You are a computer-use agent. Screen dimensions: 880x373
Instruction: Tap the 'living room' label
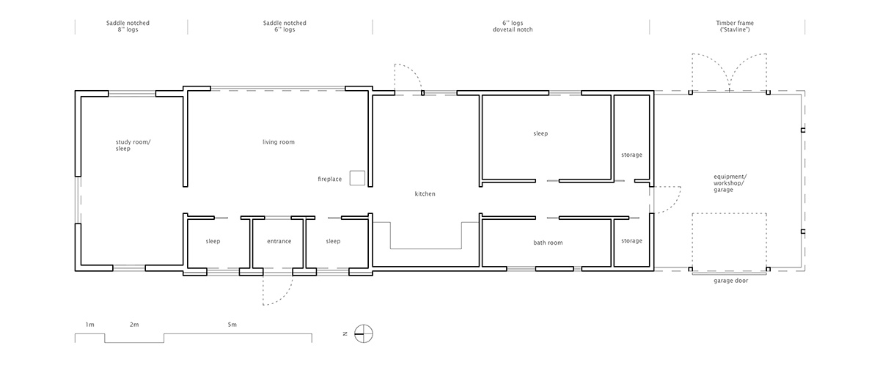click(279, 142)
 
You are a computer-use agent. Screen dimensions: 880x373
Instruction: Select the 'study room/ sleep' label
click(133, 145)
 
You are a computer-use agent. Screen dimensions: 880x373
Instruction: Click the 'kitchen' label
click(425, 193)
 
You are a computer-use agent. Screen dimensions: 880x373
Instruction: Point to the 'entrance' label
click(279, 241)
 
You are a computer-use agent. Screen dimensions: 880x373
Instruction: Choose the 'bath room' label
click(548, 243)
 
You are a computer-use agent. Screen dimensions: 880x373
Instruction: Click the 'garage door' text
click(730, 281)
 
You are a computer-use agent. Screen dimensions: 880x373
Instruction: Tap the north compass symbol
click(364, 334)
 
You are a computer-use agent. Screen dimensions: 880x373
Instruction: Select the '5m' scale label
click(232, 325)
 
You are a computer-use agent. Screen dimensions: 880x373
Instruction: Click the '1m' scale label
click(90, 325)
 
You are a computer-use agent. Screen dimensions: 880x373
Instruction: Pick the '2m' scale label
click(134, 325)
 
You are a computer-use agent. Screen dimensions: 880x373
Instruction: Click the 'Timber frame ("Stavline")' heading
click(735, 26)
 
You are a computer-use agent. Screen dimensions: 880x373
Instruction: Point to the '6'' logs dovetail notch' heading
click(513, 26)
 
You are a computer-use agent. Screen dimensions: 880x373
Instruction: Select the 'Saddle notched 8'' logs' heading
click(128, 26)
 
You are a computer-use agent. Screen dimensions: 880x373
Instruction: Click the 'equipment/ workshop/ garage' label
click(730, 183)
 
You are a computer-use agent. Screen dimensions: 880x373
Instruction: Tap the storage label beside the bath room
click(631, 240)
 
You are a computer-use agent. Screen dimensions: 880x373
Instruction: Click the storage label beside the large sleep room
click(631, 155)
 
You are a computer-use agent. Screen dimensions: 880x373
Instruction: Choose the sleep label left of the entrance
click(213, 241)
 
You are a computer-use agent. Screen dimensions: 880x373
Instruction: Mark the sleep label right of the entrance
click(333, 241)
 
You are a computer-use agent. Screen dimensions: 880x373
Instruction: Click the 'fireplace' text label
click(329, 179)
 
